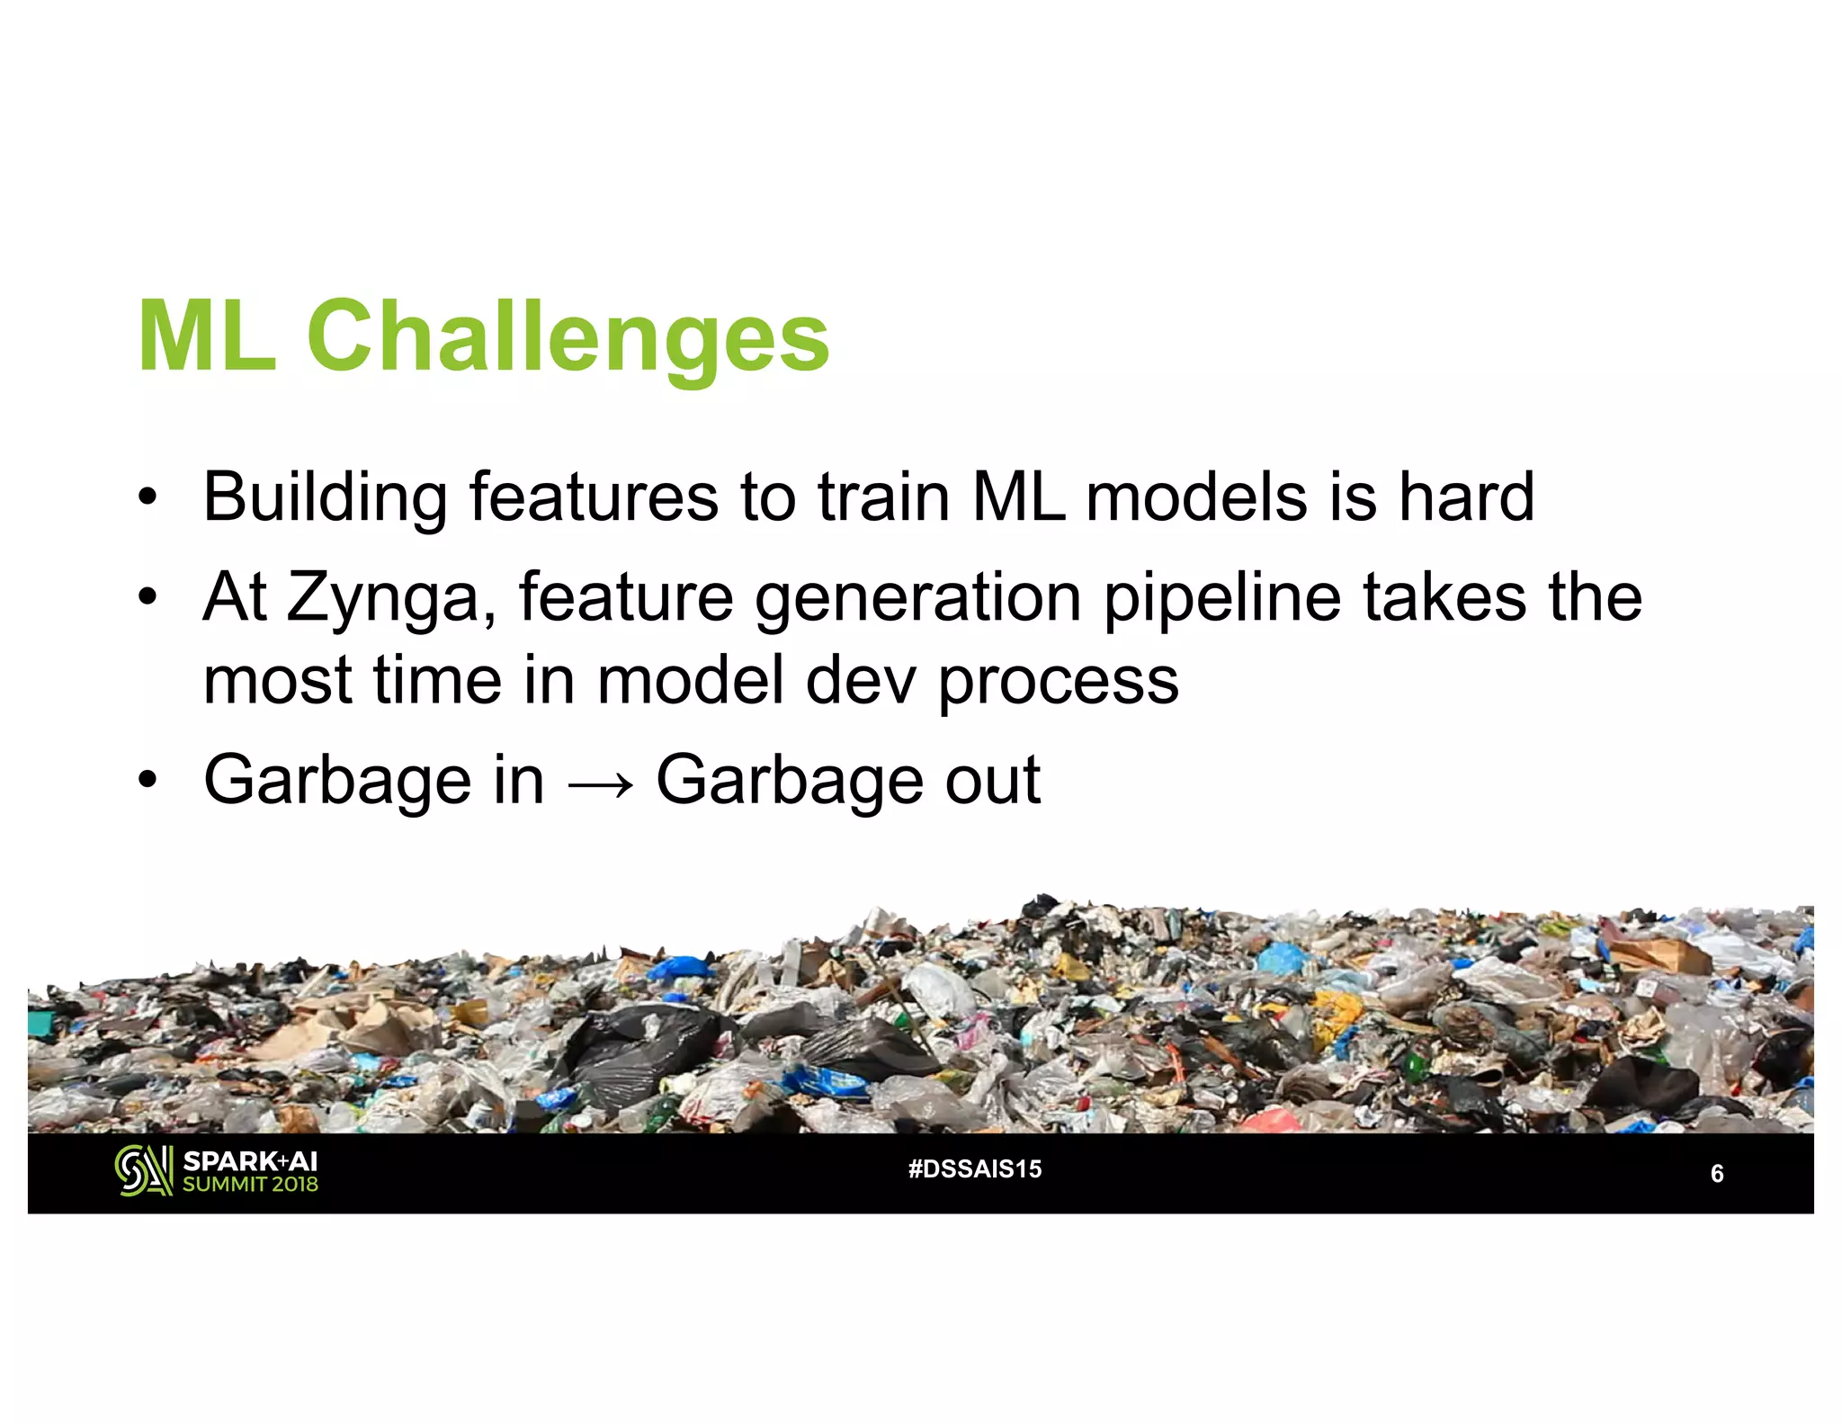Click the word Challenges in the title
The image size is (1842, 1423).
pos(568,338)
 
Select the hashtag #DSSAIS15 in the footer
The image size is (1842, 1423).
pos(975,1169)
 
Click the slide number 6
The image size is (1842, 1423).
pos(1716,1174)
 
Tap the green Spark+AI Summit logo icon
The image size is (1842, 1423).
pos(144,1171)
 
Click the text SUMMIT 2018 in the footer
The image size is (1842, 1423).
pos(250,1185)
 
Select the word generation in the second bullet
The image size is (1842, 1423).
pos(917,598)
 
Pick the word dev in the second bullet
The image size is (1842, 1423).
pos(861,681)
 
